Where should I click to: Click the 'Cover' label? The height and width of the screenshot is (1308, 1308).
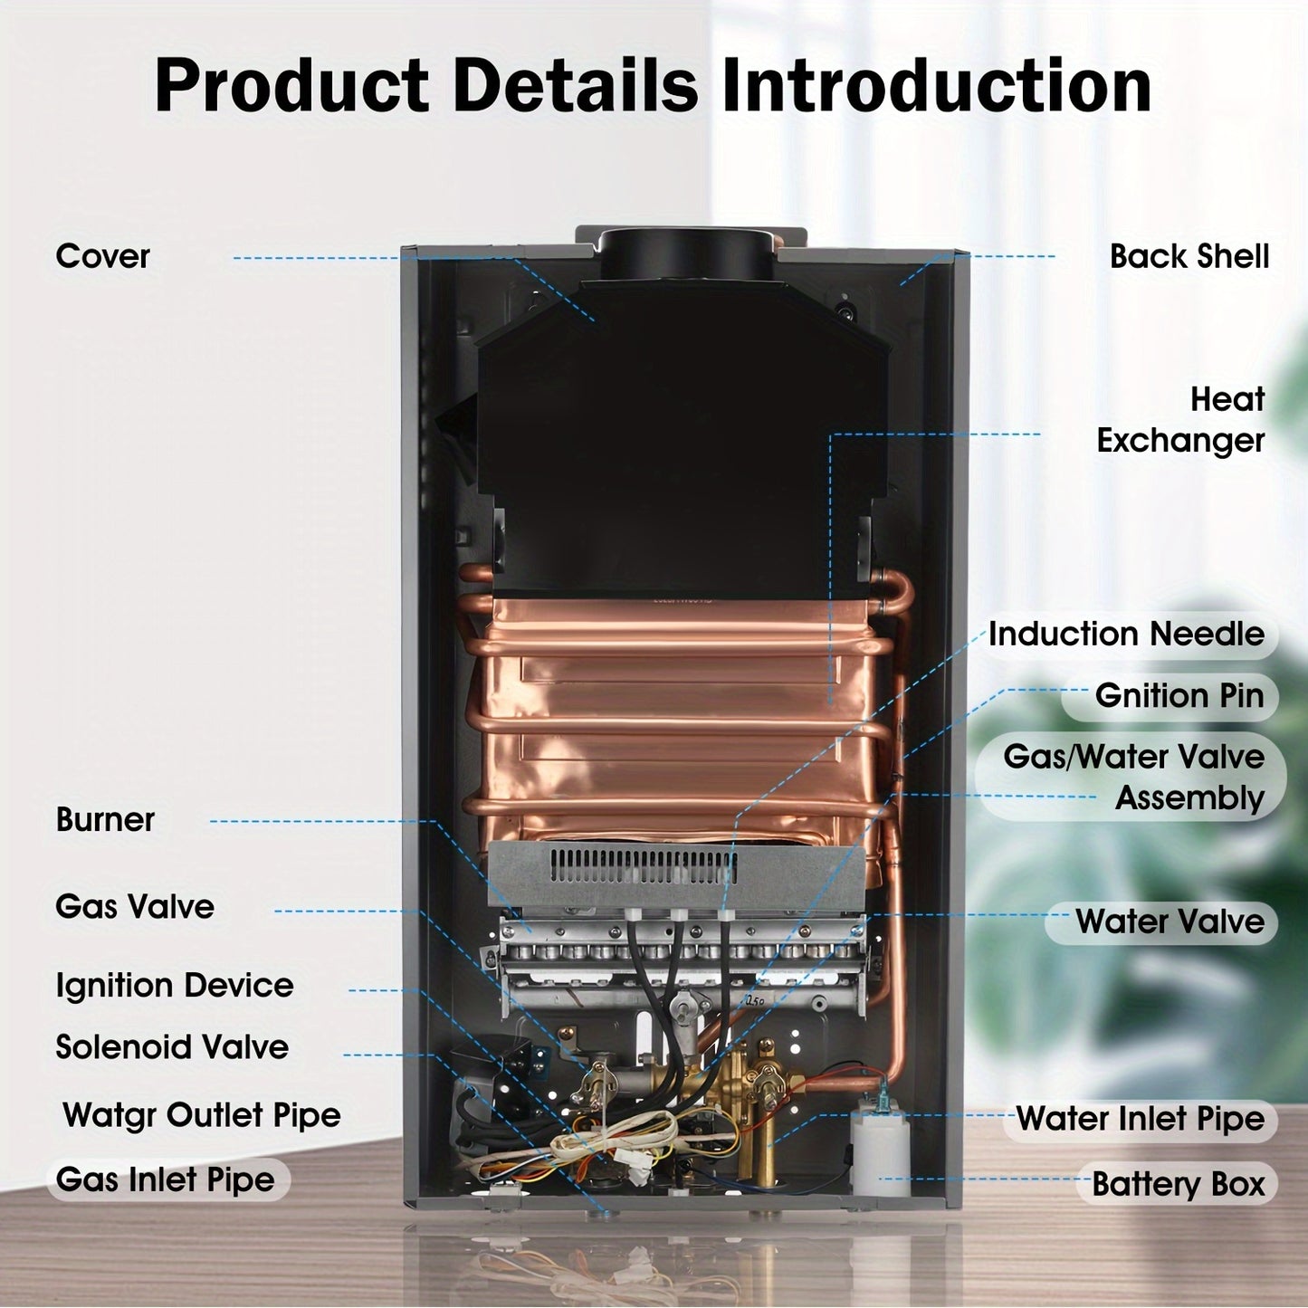click(102, 256)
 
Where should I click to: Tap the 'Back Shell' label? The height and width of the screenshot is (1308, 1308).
click(1189, 256)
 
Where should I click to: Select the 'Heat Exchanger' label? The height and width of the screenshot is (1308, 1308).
click(1180, 420)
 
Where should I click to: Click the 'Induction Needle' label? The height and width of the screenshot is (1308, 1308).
click(1126, 634)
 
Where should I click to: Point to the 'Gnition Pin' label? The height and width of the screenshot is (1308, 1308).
click(1179, 695)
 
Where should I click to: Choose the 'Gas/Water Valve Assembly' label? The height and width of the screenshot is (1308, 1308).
click(1133, 777)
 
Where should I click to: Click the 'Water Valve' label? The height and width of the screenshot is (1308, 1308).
click(1170, 921)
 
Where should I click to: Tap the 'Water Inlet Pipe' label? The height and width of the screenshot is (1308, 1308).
click(1140, 1118)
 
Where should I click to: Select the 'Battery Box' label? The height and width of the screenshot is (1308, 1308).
click(1178, 1183)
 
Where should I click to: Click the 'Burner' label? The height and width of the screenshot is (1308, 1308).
click(105, 819)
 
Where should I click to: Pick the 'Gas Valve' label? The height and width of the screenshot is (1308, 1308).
click(135, 906)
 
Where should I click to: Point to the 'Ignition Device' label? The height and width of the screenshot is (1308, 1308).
click(175, 985)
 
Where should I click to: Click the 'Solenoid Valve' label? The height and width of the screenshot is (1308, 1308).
click(172, 1047)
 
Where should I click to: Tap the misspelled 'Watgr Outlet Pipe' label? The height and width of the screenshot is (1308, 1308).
click(202, 1114)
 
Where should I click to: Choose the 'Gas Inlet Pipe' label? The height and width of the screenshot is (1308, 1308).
click(165, 1179)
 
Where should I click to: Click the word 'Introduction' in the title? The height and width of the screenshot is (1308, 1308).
click(936, 86)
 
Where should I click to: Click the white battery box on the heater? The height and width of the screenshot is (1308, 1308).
click(879, 1150)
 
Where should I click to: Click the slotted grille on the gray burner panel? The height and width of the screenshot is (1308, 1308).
click(643, 866)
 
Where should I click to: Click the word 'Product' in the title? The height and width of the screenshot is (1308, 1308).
click(291, 86)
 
